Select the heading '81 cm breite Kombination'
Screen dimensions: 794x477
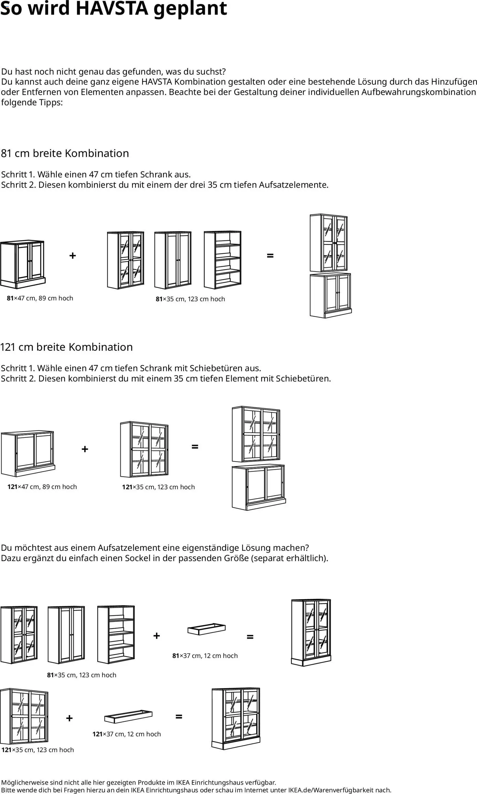pyautogui.click(x=65, y=153)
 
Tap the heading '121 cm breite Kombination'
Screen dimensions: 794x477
pyautogui.click(x=66, y=347)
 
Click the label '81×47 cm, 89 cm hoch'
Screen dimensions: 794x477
pyautogui.click(x=40, y=298)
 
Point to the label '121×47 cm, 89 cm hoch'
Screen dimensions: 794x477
pyautogui.click(x=42, y=487)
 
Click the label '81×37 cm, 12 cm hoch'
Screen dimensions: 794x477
pyautogui.click(x=205, y=656)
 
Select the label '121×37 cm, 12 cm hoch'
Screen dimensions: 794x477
pyautogui.click(x=127, y=734)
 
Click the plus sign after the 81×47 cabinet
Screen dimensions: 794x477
pyautogui.click(x=73, y=256)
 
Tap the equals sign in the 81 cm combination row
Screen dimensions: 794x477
pyautogui.click(x=270, y=256)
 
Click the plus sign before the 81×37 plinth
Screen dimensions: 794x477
pyautogui.click(x=157, y=636)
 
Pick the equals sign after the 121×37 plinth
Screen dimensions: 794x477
pyautogui.click(x=179, y=716)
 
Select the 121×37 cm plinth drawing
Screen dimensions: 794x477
pyautogui.click(x=128, y=716)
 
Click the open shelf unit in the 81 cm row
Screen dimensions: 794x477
pyautogui.click(x=222, y=260)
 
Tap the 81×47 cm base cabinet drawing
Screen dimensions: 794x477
pyautogui.click(x=22, y=264)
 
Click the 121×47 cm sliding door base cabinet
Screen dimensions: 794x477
pyautogui.click(x=28, y=453)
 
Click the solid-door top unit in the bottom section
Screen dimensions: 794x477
pyautogui.click(x=66, y=635)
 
